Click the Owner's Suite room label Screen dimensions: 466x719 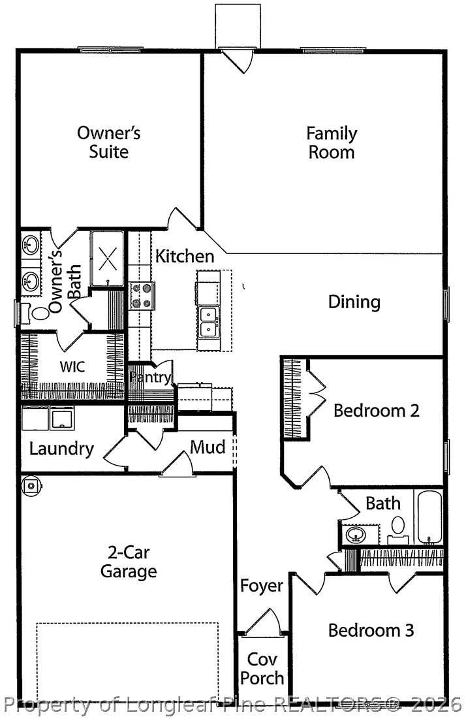108,142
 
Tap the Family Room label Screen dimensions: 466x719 332,142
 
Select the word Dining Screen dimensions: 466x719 354,302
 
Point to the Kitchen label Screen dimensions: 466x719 185,256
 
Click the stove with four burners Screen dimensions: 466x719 142,296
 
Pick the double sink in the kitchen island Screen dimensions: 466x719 209,322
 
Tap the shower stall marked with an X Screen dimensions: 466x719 107,259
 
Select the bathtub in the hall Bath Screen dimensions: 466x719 429,517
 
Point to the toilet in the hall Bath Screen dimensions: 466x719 397,530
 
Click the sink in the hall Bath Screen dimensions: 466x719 356,534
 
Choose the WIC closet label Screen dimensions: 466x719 72,367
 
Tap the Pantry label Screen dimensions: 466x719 150,378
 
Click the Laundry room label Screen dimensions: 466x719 61,449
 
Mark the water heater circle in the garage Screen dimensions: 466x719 31,485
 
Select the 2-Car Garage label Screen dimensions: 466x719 129,562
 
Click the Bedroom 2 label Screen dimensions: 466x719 376,410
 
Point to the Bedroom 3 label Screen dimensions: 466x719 371,630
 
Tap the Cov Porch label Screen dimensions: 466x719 262,669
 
